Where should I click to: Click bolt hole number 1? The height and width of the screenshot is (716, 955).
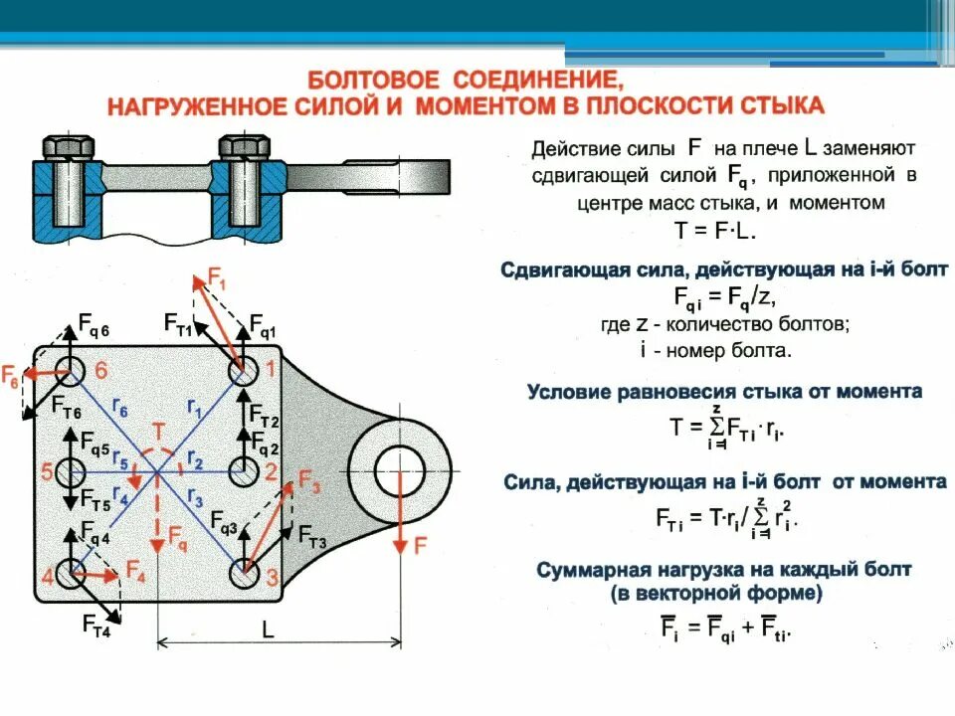244,374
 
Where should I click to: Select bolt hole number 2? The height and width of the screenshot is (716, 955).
244,471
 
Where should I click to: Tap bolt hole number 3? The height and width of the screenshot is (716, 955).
244,574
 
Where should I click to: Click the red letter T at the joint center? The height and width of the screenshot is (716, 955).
157,431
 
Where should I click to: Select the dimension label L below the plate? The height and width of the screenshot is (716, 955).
268,628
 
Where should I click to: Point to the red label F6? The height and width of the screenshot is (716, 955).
10,377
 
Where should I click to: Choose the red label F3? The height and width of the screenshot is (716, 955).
309,486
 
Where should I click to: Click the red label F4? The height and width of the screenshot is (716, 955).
136,571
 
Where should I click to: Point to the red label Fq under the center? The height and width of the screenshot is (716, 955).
176,543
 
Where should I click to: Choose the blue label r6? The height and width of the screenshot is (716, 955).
119,407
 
